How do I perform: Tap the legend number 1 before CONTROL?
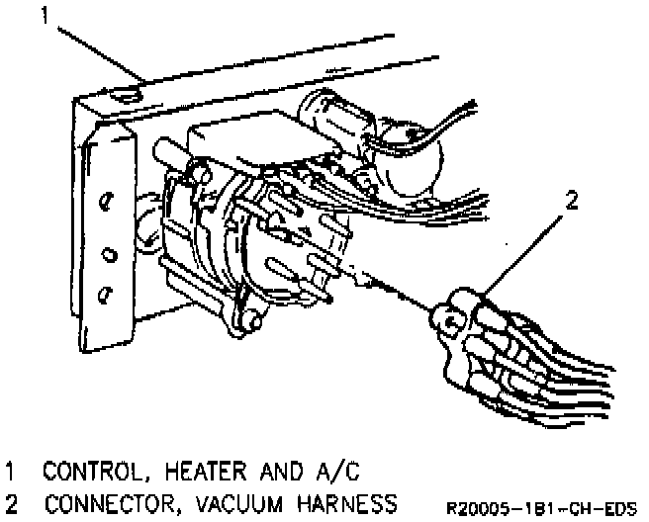pos(12,468)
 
